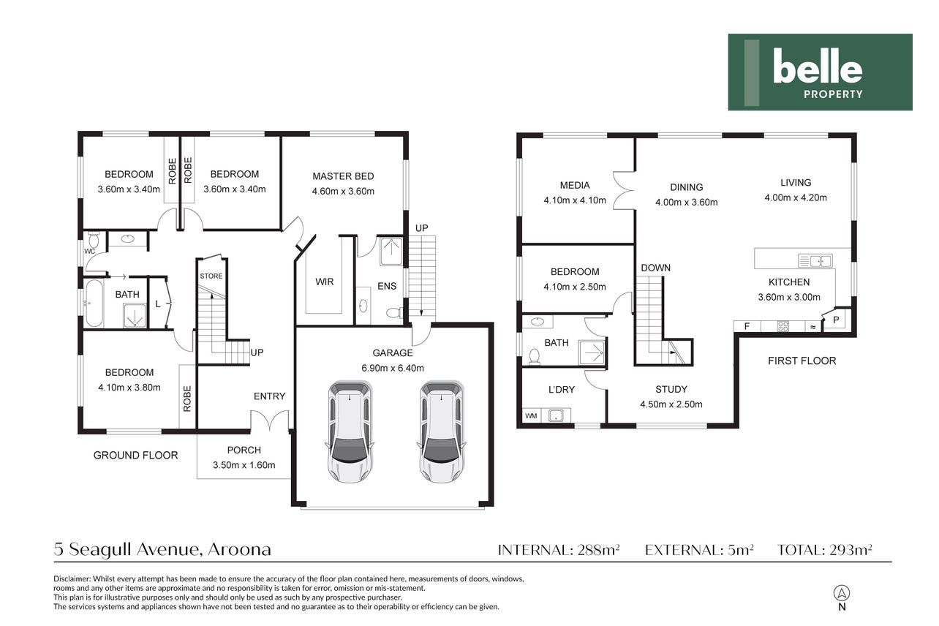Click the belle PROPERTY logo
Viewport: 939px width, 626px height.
(x=820, y=72)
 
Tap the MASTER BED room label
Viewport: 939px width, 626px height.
(x=343, y=176)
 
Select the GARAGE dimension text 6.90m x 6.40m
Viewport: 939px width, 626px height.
(x=393, y=368)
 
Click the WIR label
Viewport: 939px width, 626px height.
(x=325, y=282)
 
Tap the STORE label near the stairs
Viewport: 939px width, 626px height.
(x=211, y=276)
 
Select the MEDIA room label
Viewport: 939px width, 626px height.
(x=575, y=185)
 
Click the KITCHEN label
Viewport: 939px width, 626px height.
(x=789, y=282)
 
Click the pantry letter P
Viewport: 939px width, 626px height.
(x=836, y=320)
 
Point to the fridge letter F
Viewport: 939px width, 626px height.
(x=747, y=326)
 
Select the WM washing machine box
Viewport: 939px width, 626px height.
(x=531, y=416)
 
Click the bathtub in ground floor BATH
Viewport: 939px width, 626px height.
(x=94, y=303)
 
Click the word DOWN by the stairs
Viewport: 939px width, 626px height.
(x=656, y=268)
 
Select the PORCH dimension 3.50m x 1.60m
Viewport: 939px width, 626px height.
(x=244, y=465)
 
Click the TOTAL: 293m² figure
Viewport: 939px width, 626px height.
(x=825, y=550)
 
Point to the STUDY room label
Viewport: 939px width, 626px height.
(x=671, y=390)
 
